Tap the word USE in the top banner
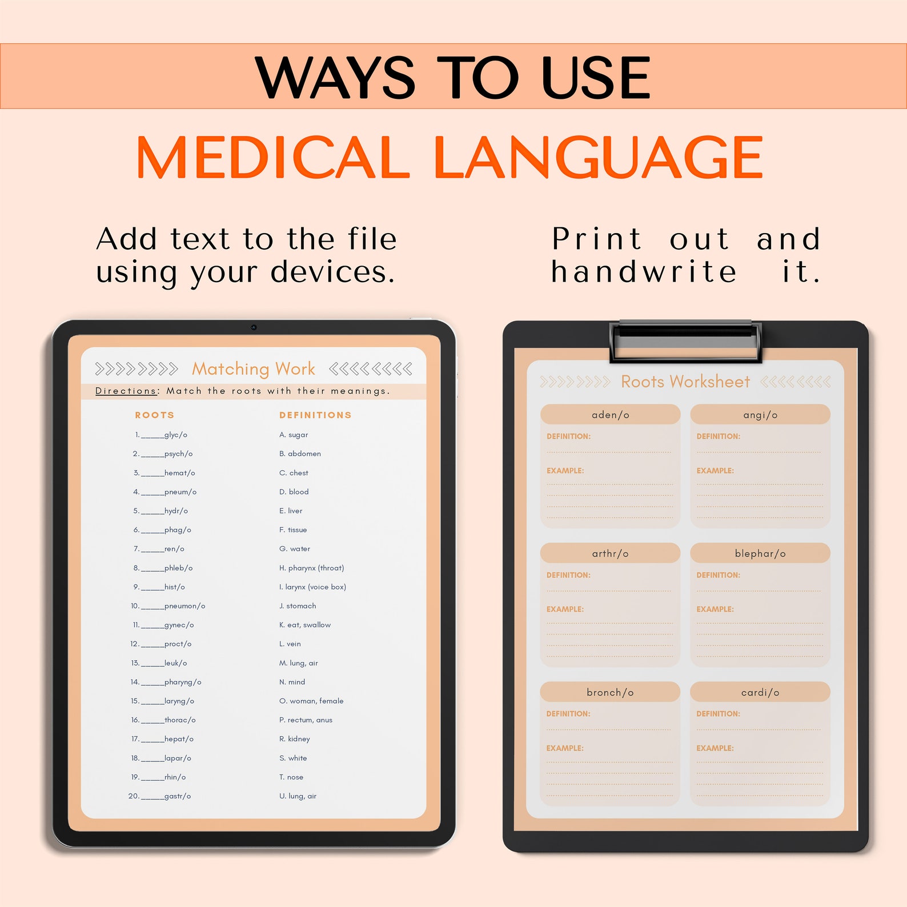595,78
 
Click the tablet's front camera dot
254,327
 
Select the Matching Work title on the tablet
254,369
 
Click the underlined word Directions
126,391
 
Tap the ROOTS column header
154,415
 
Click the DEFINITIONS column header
315,415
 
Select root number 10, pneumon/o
184,606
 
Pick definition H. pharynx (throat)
311,568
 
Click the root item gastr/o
177,796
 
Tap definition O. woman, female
311,701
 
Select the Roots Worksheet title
685,382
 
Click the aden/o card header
610,415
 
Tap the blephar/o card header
760,553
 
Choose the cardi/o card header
760,692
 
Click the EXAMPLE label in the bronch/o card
565,748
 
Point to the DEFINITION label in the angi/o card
718,436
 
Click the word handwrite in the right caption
644,272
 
